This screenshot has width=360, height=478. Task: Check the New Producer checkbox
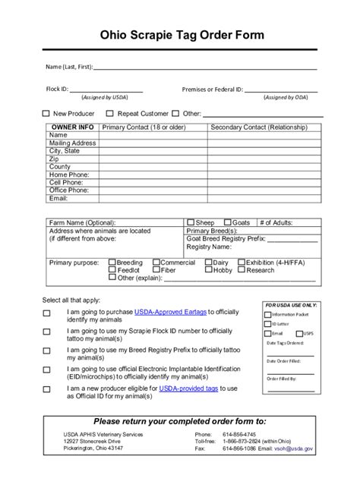(x=46, y=114)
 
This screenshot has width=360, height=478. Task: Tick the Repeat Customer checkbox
(x=110, y=114)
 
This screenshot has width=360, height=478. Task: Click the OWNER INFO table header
(x=72, y=127)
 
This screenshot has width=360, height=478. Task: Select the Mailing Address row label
(x=72, y=143)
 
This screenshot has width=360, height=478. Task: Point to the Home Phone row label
(x=69, y=175)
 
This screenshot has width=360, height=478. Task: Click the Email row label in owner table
(x=58, y=198)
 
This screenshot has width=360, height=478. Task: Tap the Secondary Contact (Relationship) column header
(x=259, y=127)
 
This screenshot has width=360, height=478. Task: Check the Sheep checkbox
(x=191, y=223)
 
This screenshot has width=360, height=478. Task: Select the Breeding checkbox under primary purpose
(x=112, y=263)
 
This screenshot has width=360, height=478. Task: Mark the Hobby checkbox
(x=208, y=270)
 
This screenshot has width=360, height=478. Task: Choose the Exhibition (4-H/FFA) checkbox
(x=241, y=263)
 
